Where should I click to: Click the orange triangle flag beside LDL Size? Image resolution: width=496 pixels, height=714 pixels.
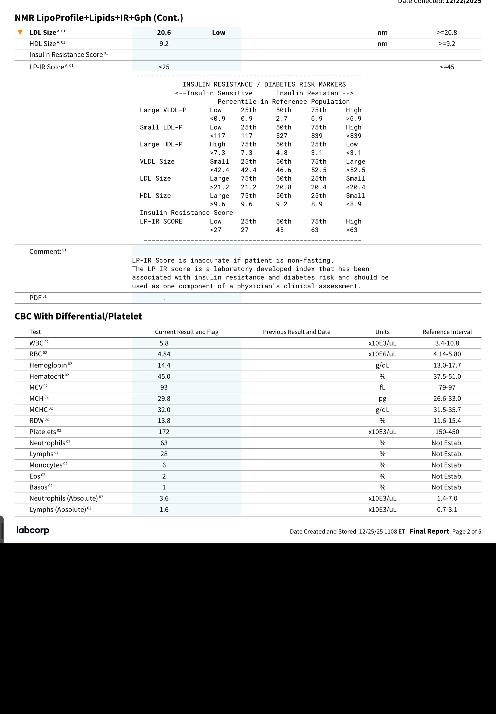[x=20, y=32]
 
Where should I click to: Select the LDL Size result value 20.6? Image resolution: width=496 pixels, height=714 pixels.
[x=164, y=33]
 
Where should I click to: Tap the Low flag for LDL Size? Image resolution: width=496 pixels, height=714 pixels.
[x=218, y=33]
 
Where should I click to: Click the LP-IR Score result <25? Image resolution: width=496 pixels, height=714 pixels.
[x=164, y=67]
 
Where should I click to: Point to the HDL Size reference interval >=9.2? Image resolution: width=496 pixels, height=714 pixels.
[x=447, y=44]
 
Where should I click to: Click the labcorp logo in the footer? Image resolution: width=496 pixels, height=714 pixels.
[x=33, y=530]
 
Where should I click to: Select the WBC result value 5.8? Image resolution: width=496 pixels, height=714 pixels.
[x=164, y=343]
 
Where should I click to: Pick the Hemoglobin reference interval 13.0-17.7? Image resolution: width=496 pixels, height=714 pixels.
[x=447, y=365]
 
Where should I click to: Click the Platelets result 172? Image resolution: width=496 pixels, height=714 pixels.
[x=164, y=432]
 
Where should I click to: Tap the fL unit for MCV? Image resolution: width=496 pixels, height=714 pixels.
[x=382, y=387]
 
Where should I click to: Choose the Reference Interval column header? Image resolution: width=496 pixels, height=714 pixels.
[x=447, y=332]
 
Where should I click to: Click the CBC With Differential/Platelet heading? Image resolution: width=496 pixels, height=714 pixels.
[x=78, y=316]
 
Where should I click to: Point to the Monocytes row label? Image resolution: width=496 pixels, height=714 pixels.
[x=46, y=465]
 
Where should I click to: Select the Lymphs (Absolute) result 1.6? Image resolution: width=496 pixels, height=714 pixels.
[x=164, y=509]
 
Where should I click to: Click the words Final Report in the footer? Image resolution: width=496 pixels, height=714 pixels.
[x=429, y=531]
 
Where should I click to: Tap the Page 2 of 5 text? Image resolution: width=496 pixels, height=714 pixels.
[x=466, y=532]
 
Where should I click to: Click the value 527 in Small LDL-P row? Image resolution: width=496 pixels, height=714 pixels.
[x=282, y=136]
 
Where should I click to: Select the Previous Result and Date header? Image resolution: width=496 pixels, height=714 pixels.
[x=296, y=332]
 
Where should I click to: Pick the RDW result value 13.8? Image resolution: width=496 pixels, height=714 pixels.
[x=164, y=421]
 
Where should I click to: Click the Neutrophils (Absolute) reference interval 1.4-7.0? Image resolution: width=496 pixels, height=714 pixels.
[x=447, y=498]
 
